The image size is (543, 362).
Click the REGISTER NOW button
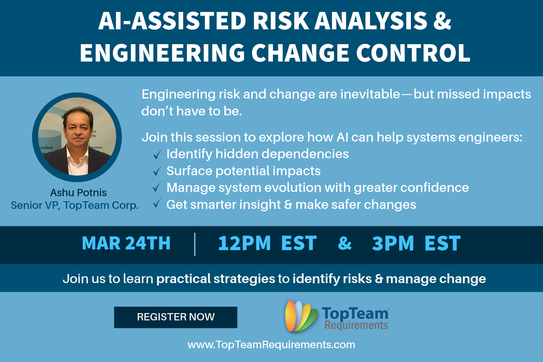176,317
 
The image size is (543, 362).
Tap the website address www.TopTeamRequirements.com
271,345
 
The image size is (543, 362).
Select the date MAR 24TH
126,243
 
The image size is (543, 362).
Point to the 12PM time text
244,243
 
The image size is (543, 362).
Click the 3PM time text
393,243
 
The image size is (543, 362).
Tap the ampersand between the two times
345,243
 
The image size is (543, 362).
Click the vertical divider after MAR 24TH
195,244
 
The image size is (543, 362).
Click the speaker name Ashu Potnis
78,193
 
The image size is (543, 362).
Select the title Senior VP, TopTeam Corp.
75,205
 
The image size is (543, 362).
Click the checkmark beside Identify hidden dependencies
157,154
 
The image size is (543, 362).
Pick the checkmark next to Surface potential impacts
157,171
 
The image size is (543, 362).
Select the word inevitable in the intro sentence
370,94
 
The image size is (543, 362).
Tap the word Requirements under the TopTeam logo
356,325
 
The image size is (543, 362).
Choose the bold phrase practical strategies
216,279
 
